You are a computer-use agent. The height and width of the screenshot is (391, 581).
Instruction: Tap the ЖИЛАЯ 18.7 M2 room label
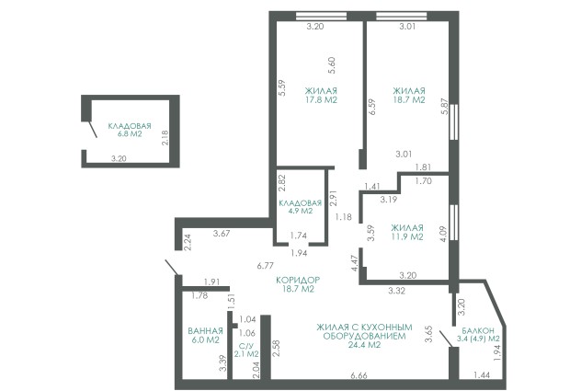409,96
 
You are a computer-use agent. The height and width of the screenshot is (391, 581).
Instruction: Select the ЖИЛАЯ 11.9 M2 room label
407,233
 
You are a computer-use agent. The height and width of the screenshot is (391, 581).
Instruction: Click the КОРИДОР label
298,280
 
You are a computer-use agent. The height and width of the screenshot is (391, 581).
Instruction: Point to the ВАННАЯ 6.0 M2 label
206,336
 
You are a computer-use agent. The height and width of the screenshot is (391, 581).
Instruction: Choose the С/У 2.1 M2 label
246,350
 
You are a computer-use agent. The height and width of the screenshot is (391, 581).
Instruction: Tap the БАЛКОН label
478,330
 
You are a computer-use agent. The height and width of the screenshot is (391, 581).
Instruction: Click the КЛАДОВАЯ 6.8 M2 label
130,130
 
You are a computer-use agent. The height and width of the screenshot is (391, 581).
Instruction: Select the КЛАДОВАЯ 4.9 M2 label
300,207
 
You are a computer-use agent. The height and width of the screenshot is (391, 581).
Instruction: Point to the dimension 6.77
265,266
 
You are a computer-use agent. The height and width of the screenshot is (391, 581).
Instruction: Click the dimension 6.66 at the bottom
359,375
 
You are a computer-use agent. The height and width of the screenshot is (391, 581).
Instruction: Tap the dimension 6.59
372,107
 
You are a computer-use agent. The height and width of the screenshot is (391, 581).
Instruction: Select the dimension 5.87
445,107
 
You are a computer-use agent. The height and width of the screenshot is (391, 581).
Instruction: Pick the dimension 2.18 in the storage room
165,137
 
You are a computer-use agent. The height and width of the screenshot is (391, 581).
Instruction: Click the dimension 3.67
222,234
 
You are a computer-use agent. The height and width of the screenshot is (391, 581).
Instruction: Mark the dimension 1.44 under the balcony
482,375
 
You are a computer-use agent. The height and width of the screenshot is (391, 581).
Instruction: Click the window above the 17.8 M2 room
321,16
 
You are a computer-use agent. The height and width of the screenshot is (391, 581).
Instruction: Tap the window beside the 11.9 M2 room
454,223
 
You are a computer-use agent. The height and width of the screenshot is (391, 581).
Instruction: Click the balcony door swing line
445,339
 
